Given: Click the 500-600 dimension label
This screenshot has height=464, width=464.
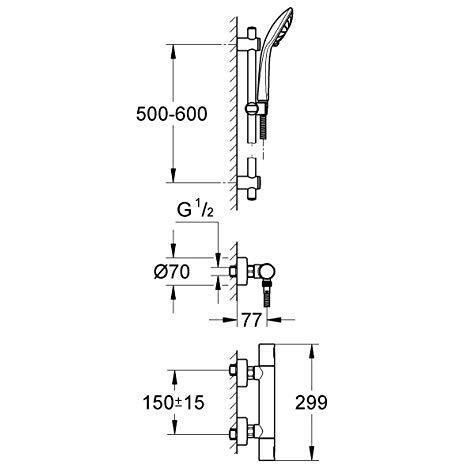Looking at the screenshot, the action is tap(172, 114).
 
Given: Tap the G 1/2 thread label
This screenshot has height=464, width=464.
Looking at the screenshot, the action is tap(195, 210).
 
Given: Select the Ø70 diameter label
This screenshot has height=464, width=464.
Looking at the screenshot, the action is tap(172, 272).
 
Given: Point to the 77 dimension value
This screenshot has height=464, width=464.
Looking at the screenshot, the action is tap(251, 320).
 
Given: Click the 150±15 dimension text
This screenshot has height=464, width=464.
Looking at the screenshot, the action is tap(173, 402).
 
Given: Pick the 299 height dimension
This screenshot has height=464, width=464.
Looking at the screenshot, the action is tap(311, 402).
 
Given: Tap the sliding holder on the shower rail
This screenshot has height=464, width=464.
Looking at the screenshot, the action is tap(256, 109).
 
